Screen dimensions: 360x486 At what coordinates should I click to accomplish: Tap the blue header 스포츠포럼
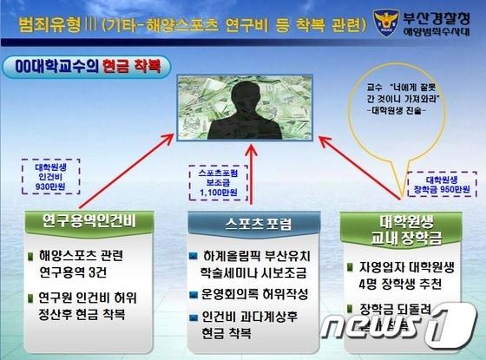click(x=246, y=223)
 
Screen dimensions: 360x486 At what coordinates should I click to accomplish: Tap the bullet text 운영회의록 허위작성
click(x=246, y=292)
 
